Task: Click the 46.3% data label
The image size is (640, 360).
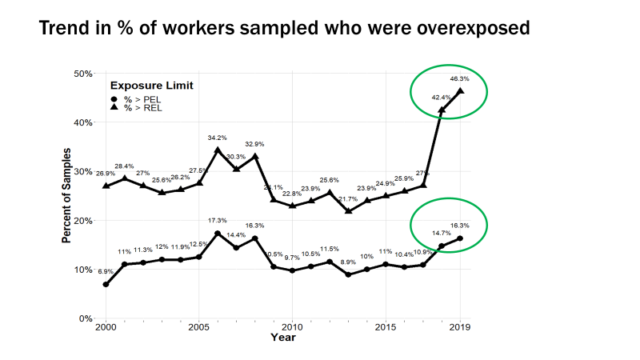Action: (459, 78)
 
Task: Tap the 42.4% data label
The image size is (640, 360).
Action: (441, 97)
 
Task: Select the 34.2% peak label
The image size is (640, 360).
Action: (218, 138)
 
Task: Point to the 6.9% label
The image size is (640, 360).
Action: (106, 272)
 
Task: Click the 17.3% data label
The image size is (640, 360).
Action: (218, 220)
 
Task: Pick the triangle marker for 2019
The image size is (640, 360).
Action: (460, 90)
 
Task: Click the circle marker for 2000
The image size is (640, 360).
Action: (106, 284)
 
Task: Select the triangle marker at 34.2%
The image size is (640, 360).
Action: (218, 150)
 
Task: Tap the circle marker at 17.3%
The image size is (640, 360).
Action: (218, 234)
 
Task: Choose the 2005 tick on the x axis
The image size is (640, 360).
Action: (198, 327)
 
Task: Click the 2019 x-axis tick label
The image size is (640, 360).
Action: (460, 327)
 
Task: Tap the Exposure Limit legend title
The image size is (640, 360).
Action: (151, 86)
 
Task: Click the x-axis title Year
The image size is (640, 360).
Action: (282, 338)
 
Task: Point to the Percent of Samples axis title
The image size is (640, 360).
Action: (67, 195)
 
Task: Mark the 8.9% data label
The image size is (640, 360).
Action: (348, 262)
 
